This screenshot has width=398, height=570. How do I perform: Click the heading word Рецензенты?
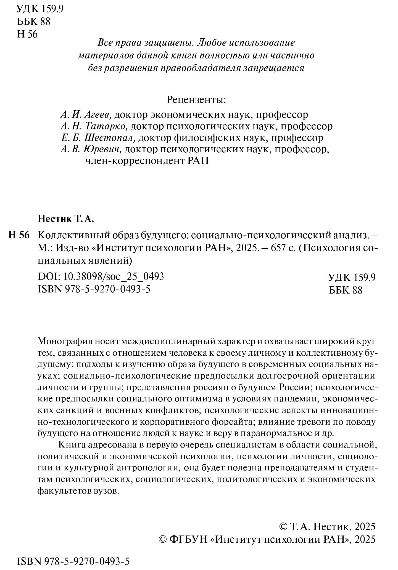[196, 100]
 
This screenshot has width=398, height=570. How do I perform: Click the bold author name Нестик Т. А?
[66, 219]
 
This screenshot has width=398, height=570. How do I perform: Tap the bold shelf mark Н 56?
[19, 235]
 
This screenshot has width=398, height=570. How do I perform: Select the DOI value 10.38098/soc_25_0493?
[114, 276]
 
